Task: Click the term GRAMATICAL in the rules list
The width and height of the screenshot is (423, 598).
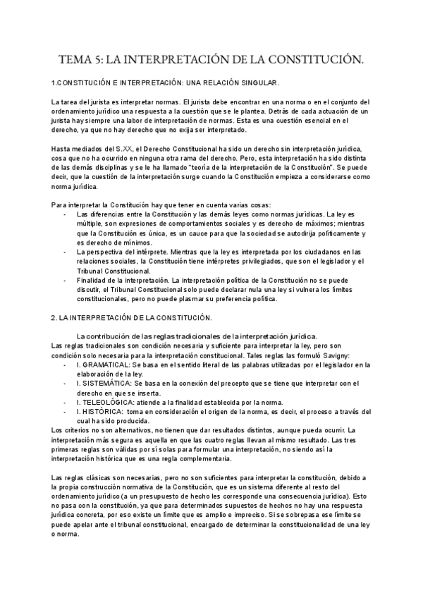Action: (104, 365)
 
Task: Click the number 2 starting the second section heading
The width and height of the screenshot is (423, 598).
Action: (54, 318)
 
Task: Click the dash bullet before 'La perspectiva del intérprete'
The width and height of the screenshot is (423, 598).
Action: (66, 252)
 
